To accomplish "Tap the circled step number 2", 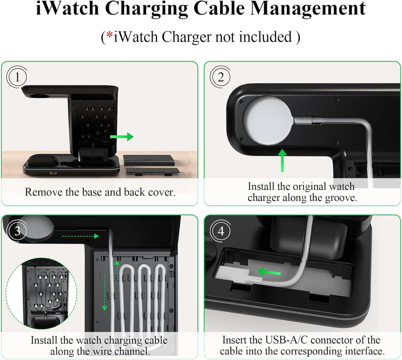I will point(221,77).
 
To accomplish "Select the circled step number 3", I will point(17,231).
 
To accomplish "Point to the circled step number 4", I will point(221,231).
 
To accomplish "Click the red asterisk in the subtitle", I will point(110,36).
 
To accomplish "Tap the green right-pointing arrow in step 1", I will point(122,137).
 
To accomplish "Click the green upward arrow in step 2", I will point(283,160).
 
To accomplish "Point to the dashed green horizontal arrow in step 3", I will point(80,235).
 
